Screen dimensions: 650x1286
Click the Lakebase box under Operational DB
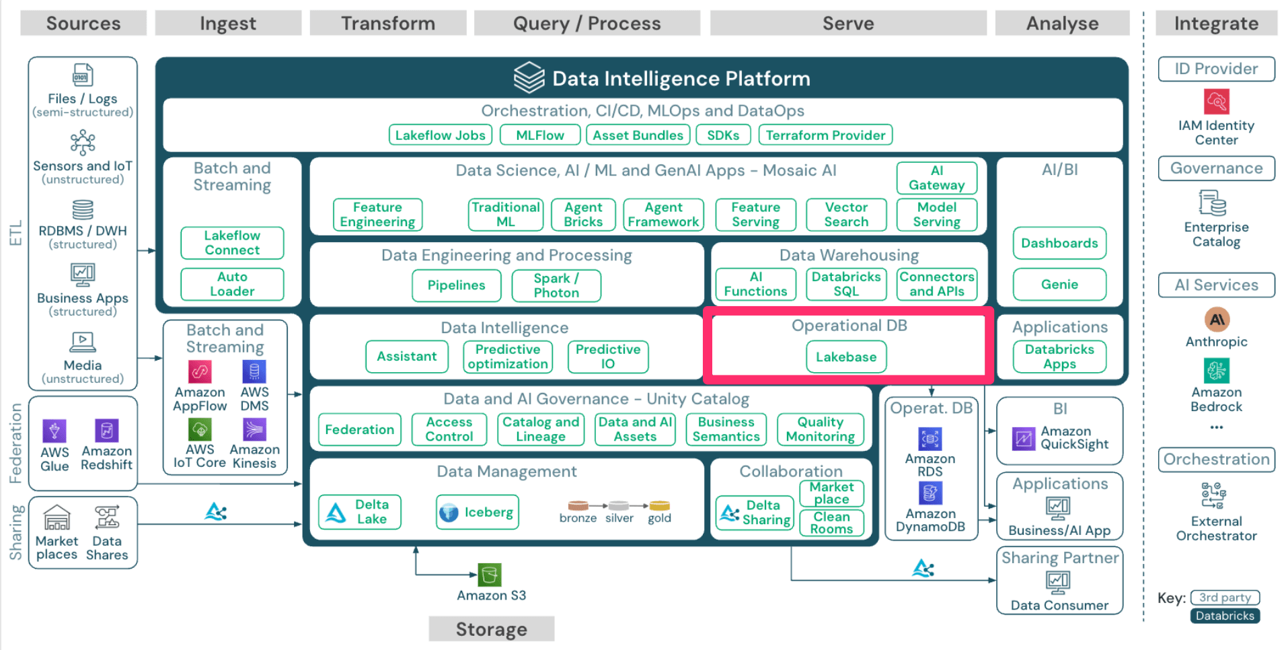point(845,357)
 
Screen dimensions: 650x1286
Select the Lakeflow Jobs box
point(440,135)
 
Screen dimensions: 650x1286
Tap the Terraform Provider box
point(825,135)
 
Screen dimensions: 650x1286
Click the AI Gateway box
point(936,178)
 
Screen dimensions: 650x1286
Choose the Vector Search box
point(846,215)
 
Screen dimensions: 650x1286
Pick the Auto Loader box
point(232,284)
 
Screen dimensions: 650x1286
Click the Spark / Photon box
point(556,285)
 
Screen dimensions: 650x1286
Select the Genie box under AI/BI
point(1059,285)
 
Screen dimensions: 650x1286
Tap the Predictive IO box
point(608,357)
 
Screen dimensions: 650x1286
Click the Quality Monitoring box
point(820,429)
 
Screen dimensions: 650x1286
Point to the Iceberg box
point(478,513)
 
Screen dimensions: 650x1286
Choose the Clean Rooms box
point(831,523)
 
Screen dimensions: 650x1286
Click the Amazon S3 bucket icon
point(490,575)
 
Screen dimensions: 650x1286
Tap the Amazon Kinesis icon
point(254,429)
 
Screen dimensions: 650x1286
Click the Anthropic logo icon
point(1216,320)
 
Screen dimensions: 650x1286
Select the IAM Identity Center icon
point(1216,102)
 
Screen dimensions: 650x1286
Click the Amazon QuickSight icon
point(1024,439)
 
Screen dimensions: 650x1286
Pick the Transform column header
point(388,24)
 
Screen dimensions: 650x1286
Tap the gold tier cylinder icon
point(659,505)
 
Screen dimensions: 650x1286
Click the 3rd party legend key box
point(1224,598)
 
